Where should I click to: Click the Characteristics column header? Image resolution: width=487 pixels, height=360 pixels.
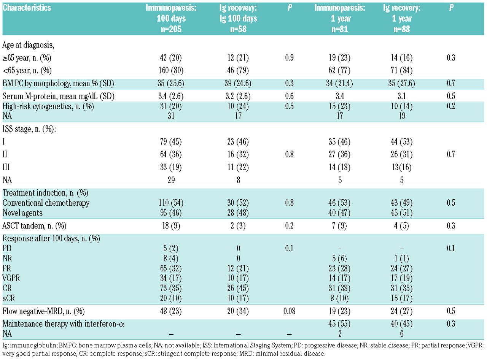27,8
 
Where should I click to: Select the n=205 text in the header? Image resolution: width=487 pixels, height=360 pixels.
171,29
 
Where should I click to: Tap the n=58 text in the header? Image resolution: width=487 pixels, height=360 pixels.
238,29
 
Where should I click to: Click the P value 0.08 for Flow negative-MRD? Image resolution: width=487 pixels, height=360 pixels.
289,311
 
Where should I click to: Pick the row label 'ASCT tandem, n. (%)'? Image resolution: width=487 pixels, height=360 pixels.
34,226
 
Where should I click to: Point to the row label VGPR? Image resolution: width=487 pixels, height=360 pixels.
11,278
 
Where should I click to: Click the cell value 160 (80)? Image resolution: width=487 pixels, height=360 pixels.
171,70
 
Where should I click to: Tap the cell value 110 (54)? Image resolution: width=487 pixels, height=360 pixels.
171,203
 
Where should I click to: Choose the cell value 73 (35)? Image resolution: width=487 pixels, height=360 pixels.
171,288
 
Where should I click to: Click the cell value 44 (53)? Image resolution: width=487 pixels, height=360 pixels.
402,142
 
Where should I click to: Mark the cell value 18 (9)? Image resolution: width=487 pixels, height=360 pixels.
171,226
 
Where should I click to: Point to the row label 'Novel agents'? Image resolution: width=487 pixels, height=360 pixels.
22,213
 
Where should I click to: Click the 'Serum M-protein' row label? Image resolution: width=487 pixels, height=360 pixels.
59,96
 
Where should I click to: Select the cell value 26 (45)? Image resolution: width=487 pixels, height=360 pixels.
238,288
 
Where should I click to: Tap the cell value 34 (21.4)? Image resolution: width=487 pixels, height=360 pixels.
339,83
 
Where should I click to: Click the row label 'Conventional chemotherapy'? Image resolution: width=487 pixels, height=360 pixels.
46,203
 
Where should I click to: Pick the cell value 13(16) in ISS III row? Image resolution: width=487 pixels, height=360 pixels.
402,167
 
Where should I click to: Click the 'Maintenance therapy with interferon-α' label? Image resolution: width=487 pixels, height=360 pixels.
64,324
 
